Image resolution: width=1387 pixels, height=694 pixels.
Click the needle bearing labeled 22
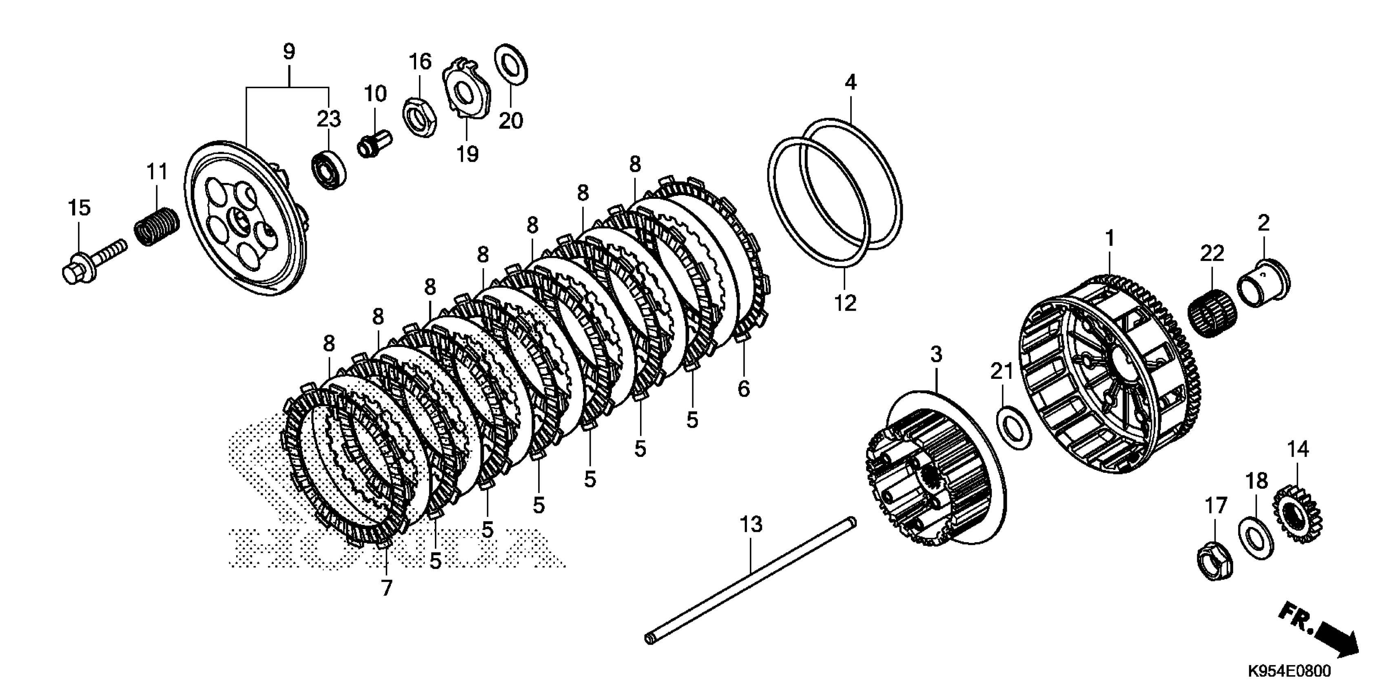[1212, 313]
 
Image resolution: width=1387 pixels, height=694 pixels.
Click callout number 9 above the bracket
[289, 52]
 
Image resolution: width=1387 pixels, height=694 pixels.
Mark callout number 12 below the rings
[845, 303]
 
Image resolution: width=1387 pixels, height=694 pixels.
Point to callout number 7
[387, 588]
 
